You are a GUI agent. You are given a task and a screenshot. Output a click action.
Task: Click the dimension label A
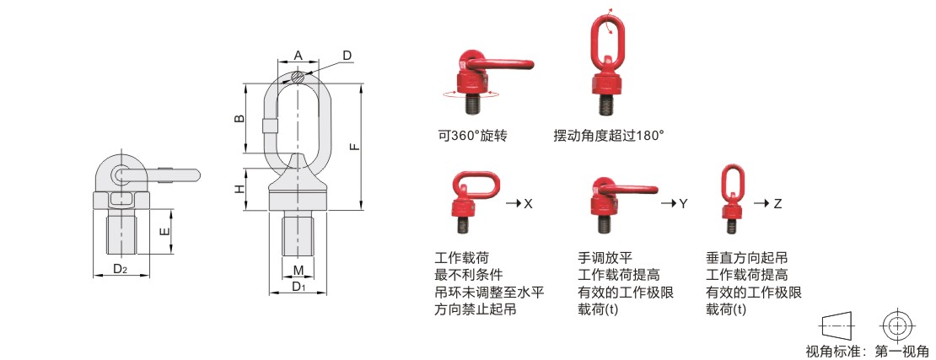[x=299, y=56]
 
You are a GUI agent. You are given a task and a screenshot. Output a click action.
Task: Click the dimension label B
[x=239, y=118]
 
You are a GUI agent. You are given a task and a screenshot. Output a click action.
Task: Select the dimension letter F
[x=354, y=146]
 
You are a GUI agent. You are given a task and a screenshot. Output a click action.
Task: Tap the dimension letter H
[x=239, y=189]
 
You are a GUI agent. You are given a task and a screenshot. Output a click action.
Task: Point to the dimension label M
[x=299, y=271]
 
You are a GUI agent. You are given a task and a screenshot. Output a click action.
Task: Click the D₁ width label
[x=299, y=287]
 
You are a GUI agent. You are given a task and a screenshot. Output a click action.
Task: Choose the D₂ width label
[x=120, y=269]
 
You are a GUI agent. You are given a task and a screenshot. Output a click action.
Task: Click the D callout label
[x=347, y=56]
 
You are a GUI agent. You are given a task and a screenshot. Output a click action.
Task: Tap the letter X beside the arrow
[x=528, y=203]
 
